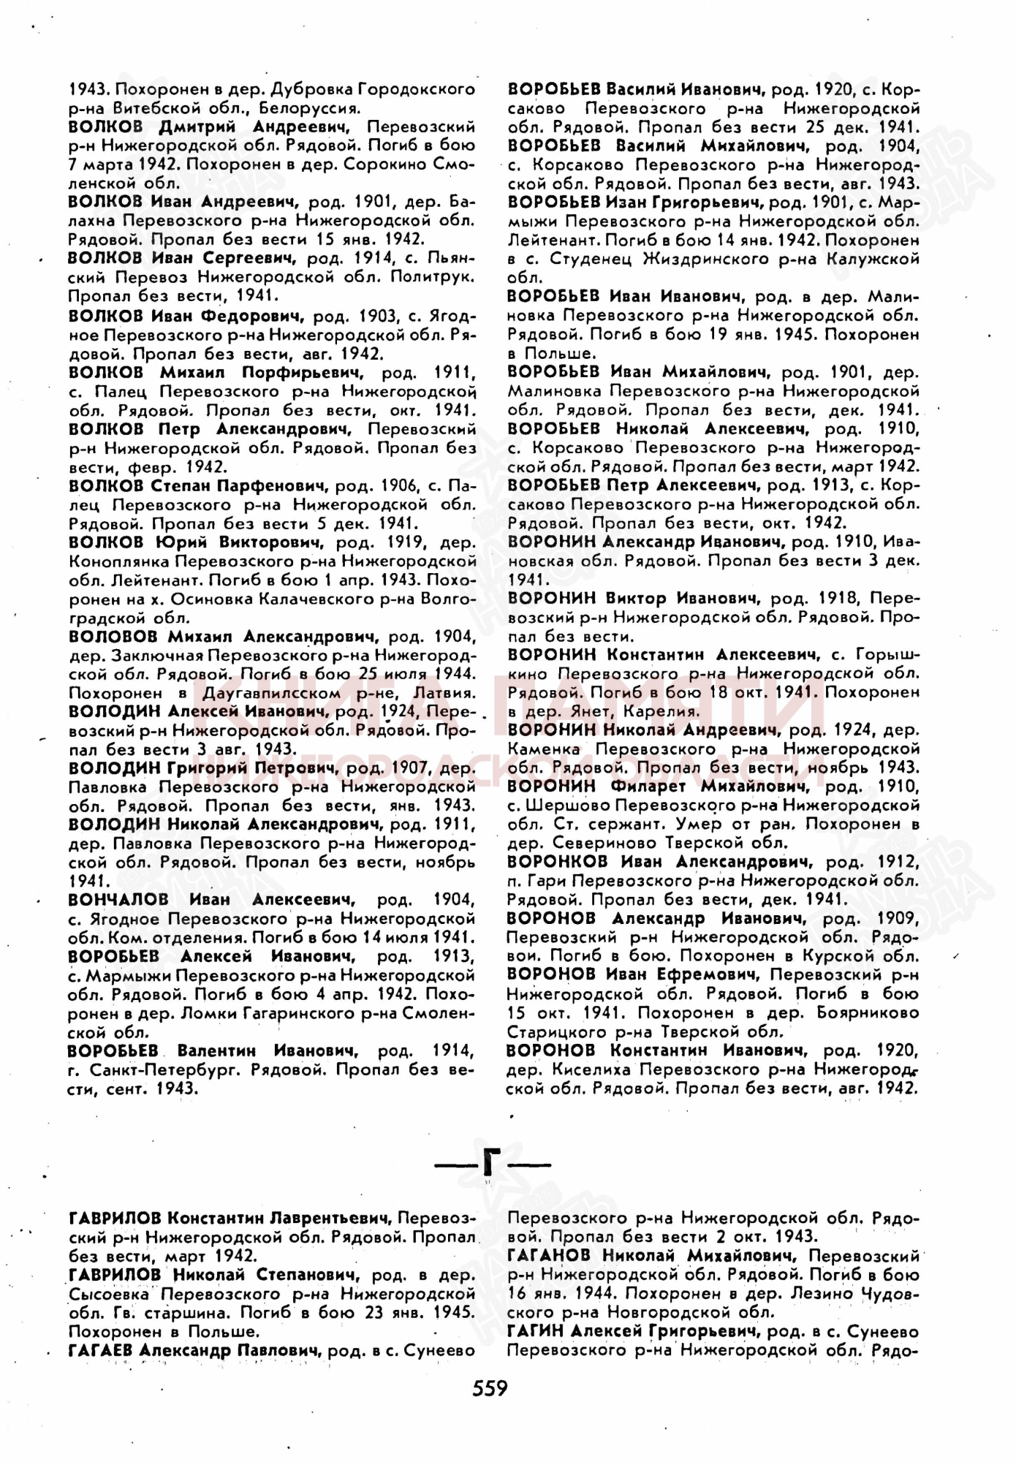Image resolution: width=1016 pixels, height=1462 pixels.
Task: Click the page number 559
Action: click(490, 1387)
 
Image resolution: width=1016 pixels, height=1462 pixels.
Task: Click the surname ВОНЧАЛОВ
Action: click(118, 899)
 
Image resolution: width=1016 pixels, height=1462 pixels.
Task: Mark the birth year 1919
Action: click(402, 542)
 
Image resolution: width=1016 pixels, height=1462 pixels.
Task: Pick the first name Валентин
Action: click(216, 1050)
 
